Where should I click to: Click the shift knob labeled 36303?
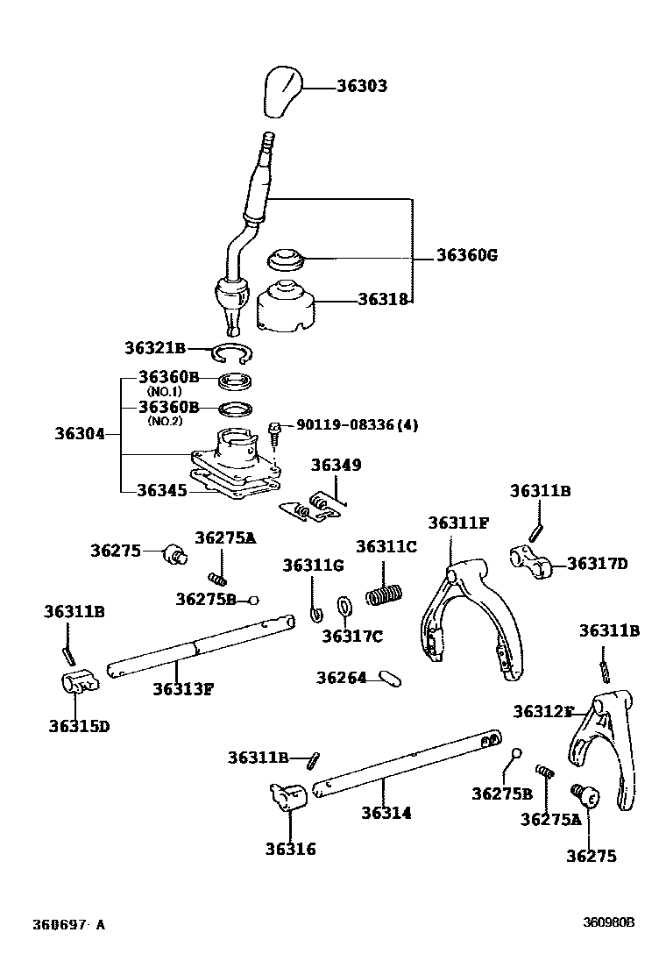(x=280, y=89)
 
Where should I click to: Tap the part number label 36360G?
(x=466, y=256)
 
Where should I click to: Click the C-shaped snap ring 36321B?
(x=233, y=353)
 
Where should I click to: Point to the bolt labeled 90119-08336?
(x=274, y=432)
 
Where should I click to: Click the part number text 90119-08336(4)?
(x=357, y=425)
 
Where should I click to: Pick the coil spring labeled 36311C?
(x=384, y=594)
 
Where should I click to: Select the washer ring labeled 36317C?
(x=344, y=606)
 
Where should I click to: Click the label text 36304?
(x=81, y=434)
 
